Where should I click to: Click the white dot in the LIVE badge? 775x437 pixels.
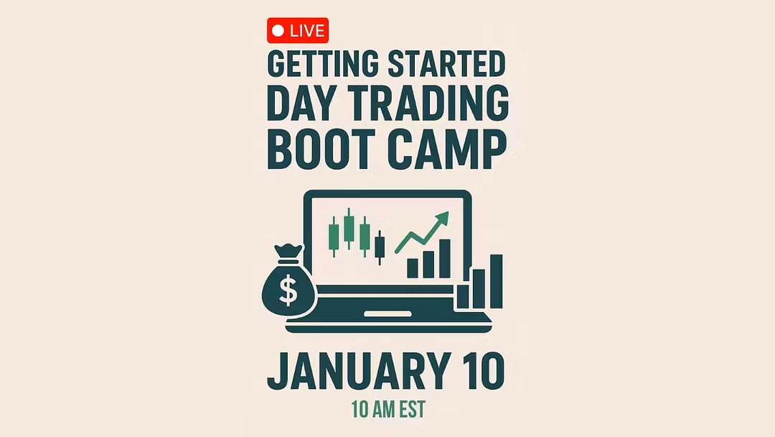pos(278,31)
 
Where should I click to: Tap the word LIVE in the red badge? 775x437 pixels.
pos(307,31)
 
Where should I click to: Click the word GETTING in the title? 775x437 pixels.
pos(323,64)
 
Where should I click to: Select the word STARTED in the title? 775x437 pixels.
pos(446,63)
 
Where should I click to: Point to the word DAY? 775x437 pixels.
pos(301,103)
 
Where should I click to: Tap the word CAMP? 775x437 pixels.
pos(447,149)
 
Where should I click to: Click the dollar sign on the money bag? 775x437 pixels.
pos(288,290)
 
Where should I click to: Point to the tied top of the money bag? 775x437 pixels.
pos(288,252)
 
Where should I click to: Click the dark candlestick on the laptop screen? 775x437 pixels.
pos(380,247)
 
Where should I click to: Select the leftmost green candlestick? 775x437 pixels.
pos(334,236)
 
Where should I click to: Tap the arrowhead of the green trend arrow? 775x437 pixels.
pos(442,218)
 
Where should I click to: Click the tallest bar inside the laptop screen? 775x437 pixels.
pos(445,259)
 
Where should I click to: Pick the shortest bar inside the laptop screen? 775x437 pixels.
pos(412,268)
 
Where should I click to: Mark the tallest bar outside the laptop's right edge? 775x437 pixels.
pos(497,282)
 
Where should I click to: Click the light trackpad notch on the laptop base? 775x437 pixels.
pos(387,314)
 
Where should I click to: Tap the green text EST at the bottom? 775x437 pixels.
pos(413,410)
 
